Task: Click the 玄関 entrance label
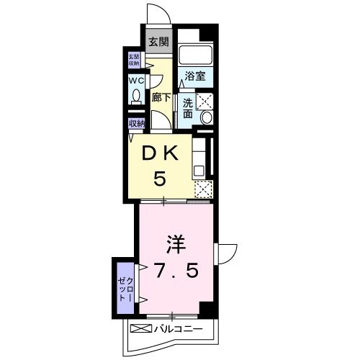(x=158, y=41)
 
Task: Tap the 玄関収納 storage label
(x=134, y=60)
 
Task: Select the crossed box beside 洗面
(x=205, y=101)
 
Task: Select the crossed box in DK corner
(x=204, y=189)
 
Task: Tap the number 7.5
(x=176, y=271)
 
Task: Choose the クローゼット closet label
(x=124, y=287)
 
